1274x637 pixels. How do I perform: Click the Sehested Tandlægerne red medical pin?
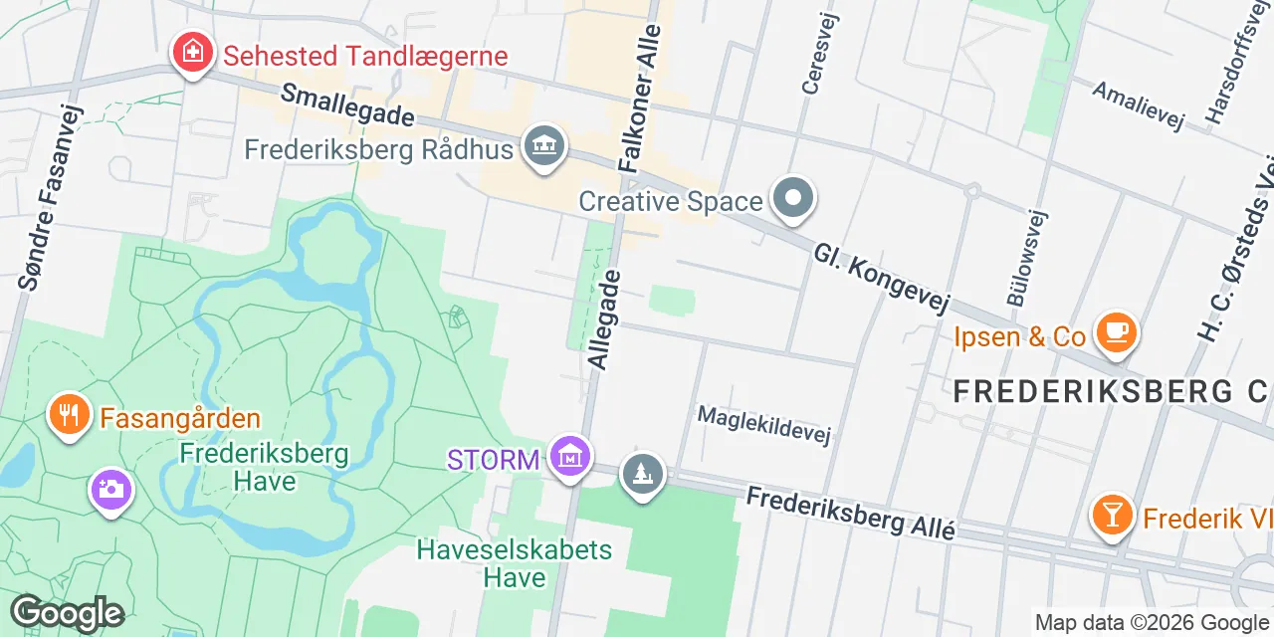(x=190, y=52)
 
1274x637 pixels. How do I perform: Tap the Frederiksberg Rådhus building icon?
(x=543, y=146)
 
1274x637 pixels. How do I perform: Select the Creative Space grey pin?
(x=793, y=197)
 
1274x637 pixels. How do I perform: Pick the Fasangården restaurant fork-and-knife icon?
(x=69, y=414)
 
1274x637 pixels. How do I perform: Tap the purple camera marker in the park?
(x=110, y=490)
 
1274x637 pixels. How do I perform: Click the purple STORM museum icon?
(x=569, y=457)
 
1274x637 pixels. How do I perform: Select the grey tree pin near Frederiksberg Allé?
(x=643, y=474)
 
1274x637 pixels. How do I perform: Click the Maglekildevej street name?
(x=763, y=425)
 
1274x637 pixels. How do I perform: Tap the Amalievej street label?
(x=1139, y=105)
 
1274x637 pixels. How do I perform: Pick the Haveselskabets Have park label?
(x=515, y=563)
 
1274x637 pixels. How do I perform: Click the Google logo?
(x=67, y=613)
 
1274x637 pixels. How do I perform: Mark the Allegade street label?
(x=604, y=318)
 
